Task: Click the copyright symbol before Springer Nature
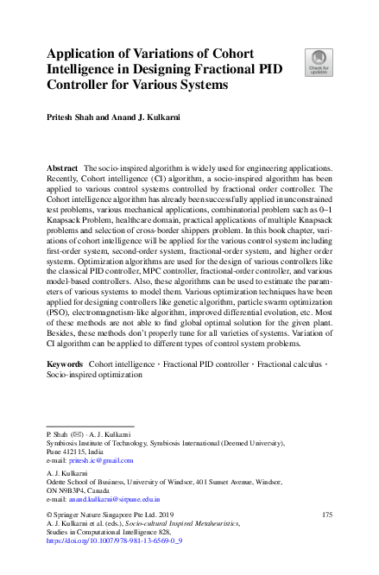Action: (48, 515)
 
